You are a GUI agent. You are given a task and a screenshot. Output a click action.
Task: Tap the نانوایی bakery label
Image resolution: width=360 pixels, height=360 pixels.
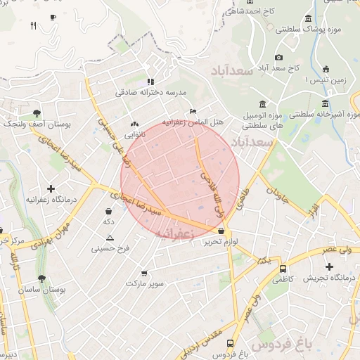point(136,134)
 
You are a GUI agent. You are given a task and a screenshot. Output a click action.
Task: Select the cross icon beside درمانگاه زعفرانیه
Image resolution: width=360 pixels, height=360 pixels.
point(51,188)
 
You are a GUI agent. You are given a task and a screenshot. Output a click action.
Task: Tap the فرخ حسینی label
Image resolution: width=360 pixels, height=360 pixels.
point(109,248)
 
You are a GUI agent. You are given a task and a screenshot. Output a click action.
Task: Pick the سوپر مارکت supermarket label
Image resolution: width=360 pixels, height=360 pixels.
point(145,283)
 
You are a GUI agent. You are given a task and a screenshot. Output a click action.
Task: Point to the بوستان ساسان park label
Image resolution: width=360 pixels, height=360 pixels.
point(41,290)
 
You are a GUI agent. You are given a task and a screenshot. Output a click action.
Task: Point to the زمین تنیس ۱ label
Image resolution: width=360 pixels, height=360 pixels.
point(324,80)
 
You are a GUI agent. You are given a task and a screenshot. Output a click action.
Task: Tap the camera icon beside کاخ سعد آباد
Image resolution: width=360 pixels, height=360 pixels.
point(279,57)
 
